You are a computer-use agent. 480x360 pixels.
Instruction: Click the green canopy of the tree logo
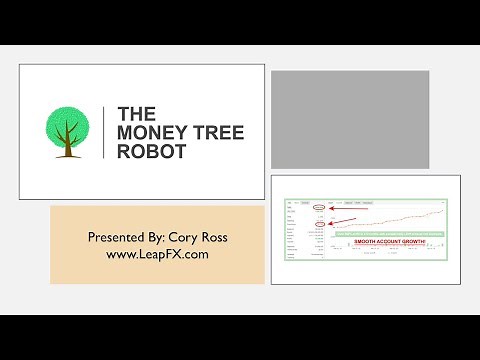point(67,123)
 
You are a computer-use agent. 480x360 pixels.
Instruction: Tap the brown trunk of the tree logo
point(67,147)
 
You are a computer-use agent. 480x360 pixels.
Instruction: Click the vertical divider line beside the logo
point(104,131)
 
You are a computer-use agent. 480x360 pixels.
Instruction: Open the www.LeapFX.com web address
point(157,254)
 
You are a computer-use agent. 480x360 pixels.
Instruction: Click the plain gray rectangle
point(350,118)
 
